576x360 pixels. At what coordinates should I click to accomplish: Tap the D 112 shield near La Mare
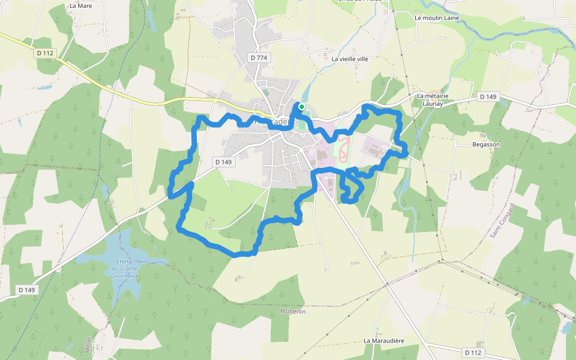[45, 53]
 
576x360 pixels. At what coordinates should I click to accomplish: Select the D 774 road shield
[259, 58]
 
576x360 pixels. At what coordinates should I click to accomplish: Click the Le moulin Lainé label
[437, 18]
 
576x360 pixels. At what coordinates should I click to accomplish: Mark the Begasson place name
[486, 145]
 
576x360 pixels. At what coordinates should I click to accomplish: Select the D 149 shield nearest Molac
[27, 290]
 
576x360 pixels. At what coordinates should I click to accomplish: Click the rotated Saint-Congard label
[502, 220]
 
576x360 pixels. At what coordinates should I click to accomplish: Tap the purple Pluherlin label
[293, 311]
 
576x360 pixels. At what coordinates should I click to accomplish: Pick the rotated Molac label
[88, 346]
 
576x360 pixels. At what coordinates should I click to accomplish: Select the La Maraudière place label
[384, 341]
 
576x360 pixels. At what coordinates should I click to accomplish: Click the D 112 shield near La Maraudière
[473, 352]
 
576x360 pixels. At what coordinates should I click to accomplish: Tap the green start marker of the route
[302, 106]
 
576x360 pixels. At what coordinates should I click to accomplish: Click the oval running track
[343, 148]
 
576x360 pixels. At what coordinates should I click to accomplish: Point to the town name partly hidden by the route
[275, 121]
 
